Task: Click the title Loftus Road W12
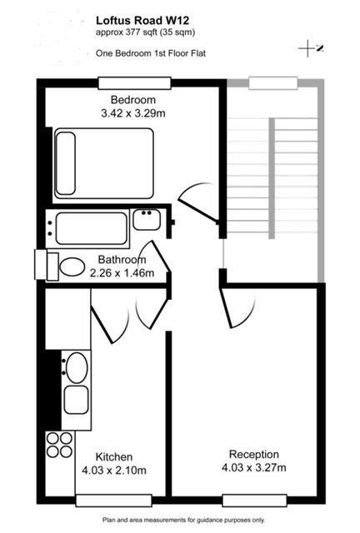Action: (142, 20)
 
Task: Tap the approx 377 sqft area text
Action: (145, 32)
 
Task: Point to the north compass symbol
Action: (310, 48)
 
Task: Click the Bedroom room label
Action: (133, 100)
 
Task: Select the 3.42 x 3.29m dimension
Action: (133, 113)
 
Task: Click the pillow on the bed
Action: (66, 163)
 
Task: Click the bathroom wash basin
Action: (147, 220)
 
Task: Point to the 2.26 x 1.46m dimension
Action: (122, 272)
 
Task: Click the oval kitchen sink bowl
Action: (77, 368)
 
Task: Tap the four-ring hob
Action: (59, 445)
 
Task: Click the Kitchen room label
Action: (114, 457)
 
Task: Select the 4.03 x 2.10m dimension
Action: (114, 471)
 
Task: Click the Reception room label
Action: (254, 454)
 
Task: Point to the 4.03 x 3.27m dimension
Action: (254, 467)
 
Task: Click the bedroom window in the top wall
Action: (134, 83)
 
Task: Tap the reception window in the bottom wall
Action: (254, 501)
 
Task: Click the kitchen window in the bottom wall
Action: (113, 501)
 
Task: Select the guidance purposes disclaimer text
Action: (183, 520)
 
